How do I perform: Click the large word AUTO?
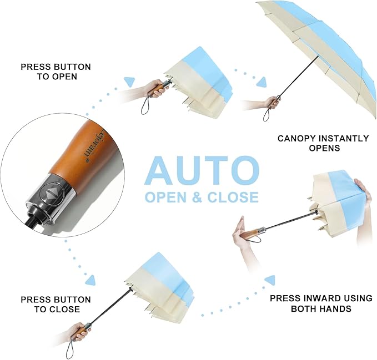[202, 170]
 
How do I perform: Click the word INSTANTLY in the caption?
[344, 139]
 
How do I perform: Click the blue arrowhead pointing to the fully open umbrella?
[262, 82]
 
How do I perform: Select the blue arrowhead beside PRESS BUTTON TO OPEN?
[130, 82]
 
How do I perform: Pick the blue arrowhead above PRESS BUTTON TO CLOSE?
[91, 280]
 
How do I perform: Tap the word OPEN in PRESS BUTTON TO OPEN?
[64, 77]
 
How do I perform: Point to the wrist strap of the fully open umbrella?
[265, 115]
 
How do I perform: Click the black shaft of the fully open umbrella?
[298, 77]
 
